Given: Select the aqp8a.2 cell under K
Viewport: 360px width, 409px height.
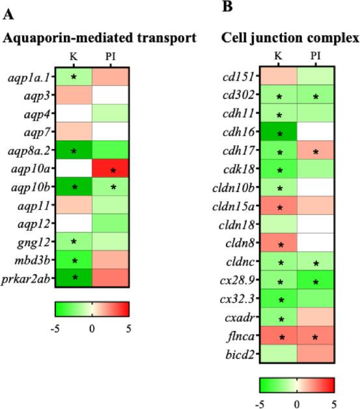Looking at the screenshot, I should (74, 152).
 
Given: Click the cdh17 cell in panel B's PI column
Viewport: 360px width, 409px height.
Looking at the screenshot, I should (316, 152).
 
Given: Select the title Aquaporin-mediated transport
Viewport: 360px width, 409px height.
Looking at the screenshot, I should (100, 38).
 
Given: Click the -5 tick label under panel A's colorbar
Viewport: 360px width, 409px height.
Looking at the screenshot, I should (57, 328).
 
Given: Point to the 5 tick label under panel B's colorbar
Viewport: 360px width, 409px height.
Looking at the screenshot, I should (334, 404).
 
